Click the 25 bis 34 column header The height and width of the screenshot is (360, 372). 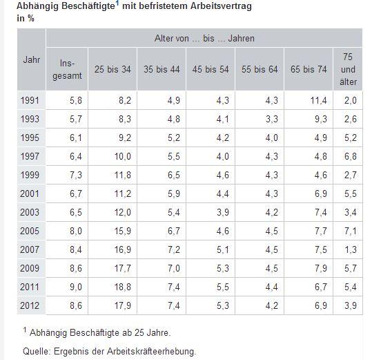pos(112,69)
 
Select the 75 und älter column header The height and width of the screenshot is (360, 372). pos(348,69)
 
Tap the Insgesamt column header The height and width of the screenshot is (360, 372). pos(67,70)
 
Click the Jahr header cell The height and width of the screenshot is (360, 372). pos(32,59)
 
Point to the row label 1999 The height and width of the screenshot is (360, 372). pos(30,175)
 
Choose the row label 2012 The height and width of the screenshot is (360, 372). pos(30,305)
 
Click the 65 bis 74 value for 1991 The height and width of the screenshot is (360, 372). pos(319,100)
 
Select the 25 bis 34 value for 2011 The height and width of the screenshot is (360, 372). pos(123,287)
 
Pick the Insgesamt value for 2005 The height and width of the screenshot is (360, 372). pos(76,231)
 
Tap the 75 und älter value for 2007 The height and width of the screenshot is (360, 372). pos(351,249)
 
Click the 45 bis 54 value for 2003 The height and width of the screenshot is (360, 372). pos(223,212)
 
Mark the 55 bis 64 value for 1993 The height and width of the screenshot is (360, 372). pos(272,119)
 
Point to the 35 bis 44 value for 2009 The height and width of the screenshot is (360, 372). pos(174,268)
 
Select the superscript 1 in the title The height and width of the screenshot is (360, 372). pos(117,3)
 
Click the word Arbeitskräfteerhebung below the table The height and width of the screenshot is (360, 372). pos(151,351)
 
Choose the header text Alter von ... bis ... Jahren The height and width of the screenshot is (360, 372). pos(204,39)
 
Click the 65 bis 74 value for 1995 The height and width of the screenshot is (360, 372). pos(321,138)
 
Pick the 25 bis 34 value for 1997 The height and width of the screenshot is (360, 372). pos(123,156)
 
